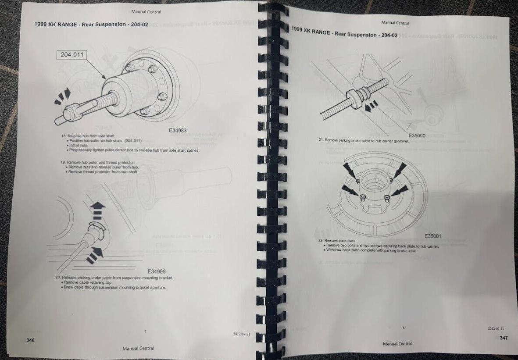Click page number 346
point(30,340)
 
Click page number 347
point(504,338)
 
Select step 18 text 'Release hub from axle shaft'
point(91,136)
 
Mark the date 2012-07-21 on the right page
point(495,328)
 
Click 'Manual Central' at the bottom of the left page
point(138,348)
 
